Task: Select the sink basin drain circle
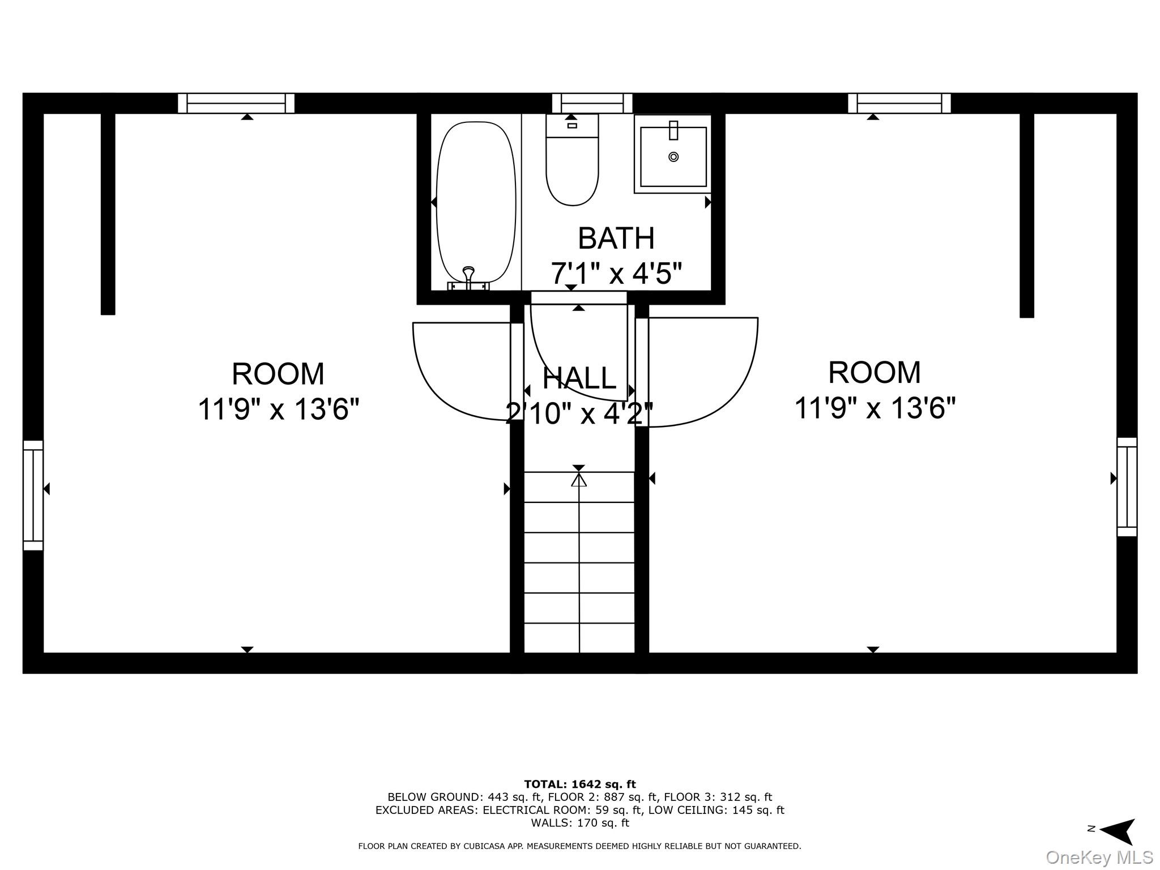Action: pos(673,157)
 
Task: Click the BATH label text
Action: pos(616,238)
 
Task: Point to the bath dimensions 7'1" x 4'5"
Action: pos(616,274)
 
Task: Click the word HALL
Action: pos(579,378)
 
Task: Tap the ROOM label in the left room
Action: pos(278,374)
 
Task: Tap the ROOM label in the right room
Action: pos(875,372)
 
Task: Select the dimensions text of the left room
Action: pos(278,409)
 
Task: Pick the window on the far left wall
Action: pos(33,495)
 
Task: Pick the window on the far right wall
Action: pos(1127,487)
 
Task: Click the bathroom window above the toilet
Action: pos(592,103)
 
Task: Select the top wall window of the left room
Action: pos(236,103)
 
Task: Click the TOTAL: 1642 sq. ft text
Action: pos(579,784)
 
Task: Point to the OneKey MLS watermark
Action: pos(1099,857)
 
